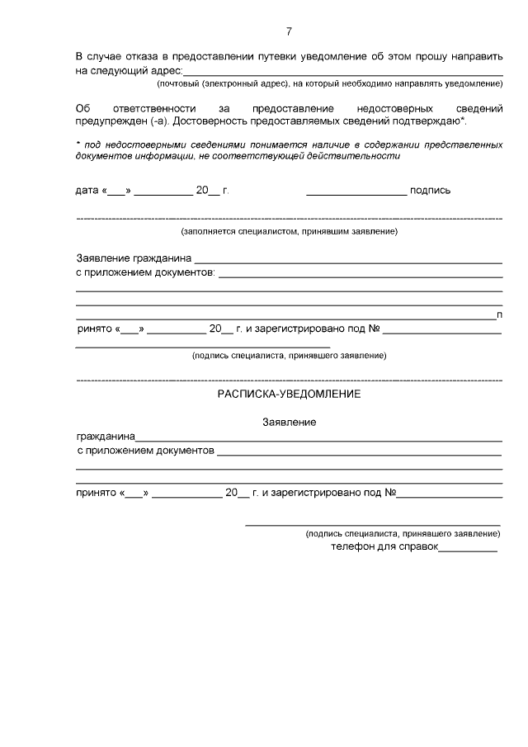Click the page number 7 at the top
(x=289, y=31)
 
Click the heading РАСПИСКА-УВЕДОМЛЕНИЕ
(x=289, y=395)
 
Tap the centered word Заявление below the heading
(x=289, y=422)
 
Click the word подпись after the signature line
(x=430, y=190)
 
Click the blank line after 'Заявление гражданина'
(x=348, y=261)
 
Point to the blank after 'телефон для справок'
(x=468, y=549)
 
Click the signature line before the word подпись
(x=356, y=191)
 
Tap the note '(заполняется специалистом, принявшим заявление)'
(x=289, y=231)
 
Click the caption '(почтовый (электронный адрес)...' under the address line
(x=330, y=84)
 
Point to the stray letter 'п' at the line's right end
(x=500, y=314)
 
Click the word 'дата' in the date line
(x=87, y=190)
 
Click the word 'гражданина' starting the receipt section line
(x=106, y=437)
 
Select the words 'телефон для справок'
(x=384, y=546)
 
